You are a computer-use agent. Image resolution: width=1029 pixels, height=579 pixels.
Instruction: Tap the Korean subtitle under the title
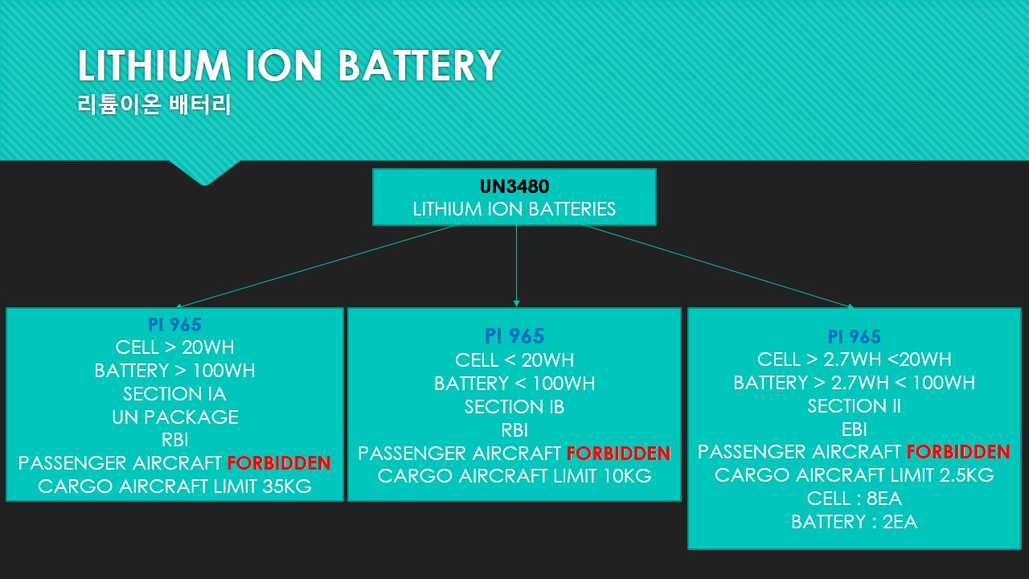click(154, 105)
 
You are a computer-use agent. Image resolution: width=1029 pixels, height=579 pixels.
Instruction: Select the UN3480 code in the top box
click(514, 186)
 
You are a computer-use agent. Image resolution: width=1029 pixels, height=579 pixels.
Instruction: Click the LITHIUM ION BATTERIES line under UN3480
click(514, 209)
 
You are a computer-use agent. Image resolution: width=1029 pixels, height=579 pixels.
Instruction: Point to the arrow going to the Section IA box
click(317, 266)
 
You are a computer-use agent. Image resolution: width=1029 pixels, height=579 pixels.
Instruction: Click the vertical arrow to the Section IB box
click(516, 266)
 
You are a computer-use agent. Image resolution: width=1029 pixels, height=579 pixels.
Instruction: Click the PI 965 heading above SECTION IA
click(174, 325)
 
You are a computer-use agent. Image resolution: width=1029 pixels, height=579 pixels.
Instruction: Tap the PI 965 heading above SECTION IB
click(514, 336)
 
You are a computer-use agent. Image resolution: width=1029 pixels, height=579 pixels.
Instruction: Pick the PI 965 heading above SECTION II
click(855, 336)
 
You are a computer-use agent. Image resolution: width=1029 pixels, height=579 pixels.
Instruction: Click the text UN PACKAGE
click(175, 417)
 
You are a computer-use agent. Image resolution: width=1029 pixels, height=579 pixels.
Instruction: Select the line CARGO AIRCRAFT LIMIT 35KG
click(174, 487)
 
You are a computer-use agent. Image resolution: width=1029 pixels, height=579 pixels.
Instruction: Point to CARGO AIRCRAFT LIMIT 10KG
click(514, 475)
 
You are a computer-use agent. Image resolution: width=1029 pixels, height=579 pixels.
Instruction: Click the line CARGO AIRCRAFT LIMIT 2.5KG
click(855, 474)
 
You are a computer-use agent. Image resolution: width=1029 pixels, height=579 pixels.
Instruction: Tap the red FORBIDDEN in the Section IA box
click(279, 462)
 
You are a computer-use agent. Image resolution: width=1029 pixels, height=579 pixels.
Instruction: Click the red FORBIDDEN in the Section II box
click(958, 452)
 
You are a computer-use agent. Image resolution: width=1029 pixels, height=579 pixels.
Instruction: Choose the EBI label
click(855, 429)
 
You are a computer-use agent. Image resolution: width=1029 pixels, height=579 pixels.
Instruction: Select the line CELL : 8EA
click(855, 498)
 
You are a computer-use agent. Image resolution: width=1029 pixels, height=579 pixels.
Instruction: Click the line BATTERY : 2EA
click(855, 522)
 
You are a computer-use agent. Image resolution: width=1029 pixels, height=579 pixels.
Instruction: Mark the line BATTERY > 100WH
click(174, 371)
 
